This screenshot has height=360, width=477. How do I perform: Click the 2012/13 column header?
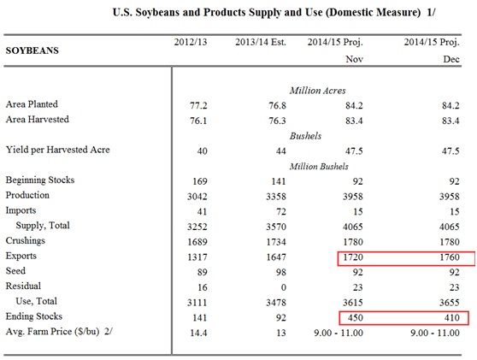[191, 42]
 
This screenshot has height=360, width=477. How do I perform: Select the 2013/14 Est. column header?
[261, 42]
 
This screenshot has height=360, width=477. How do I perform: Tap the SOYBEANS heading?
[32, 50]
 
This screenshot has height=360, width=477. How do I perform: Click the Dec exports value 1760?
[450, 257]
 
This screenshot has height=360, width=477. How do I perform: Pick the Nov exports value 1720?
[353, 257]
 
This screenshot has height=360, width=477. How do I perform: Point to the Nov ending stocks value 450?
[356, 318]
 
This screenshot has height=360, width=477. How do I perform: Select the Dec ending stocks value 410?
[452, 318]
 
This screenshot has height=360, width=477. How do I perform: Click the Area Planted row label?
[32, 104]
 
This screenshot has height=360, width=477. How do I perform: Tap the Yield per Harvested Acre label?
[58, 150]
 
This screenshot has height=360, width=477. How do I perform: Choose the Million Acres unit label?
[318, 91]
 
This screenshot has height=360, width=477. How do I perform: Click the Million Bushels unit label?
[319, 166]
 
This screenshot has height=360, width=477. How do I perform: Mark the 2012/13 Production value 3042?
[197, 197]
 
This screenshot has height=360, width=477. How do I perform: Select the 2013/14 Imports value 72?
[281, 211]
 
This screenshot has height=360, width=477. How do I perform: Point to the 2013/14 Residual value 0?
[284, 287]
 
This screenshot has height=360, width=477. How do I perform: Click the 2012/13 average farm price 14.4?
[198, 333]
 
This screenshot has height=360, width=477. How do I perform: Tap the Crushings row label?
[26, 240]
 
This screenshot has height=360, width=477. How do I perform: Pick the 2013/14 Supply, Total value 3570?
[276, 227]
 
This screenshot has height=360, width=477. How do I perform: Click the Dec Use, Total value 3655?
[450, 303]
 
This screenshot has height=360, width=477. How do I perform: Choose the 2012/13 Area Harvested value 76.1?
[198, 121]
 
